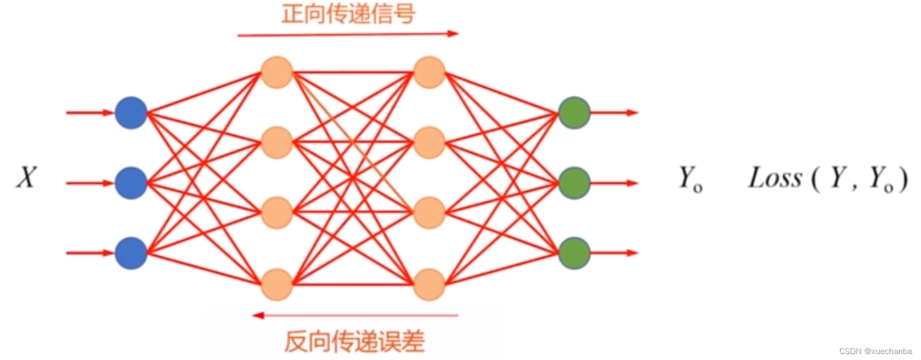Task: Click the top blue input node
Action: tap(131, 112)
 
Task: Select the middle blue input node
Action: tap(131, 183)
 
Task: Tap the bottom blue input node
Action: tap(131, 253)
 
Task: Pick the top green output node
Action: tap(574, 112)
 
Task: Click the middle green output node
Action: tap(574, 183)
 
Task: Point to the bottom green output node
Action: tap(574, 253)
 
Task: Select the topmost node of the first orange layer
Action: tap(276, 73)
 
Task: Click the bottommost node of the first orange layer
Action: tap(276, 284)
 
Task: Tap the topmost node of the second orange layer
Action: tap(429, 73)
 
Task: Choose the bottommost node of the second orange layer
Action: tap(429, 284)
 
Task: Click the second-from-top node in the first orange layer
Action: tap(276, 142)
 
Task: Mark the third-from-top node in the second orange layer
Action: tap(429, 212)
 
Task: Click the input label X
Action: tap(26, 178)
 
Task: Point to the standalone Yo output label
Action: tap(691, 179)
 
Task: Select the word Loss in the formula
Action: tap(774, 178)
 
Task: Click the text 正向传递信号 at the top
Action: tap(348, 15)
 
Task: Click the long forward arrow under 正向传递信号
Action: tap(348, 34)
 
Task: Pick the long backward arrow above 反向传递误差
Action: tap(355, 316)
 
